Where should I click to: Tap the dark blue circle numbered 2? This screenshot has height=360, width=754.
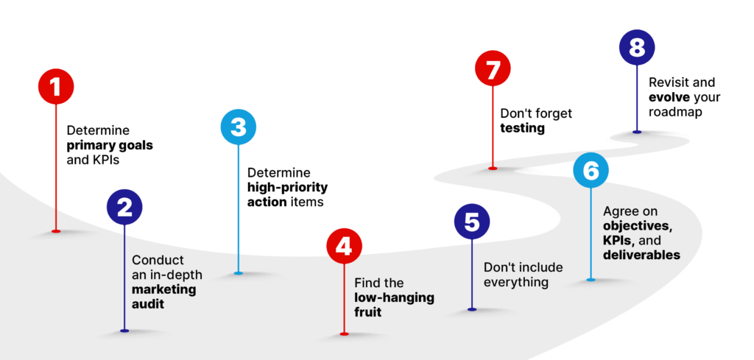click(x=124, y=208)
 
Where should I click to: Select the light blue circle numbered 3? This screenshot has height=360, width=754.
click(x=239, y=127)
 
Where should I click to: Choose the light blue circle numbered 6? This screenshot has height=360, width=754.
click(x=591, y=171)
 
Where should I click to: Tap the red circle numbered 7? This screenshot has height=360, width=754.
click(x=493, y=71)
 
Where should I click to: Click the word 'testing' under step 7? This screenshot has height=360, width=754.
click(x=522, y=128)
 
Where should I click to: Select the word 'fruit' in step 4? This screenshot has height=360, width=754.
click(x=370, y=312)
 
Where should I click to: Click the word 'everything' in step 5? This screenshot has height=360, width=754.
click(x=515, y=282)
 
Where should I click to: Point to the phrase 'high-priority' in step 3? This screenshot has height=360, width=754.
click(x=287, y=187)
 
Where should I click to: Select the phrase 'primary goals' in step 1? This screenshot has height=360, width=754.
click(x=110, y=145)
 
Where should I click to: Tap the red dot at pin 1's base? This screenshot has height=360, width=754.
click(x=56, y=231)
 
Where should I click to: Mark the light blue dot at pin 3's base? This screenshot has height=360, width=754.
click(x=239, y=273)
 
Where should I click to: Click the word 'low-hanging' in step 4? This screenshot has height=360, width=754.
click(x=394, y=297)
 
